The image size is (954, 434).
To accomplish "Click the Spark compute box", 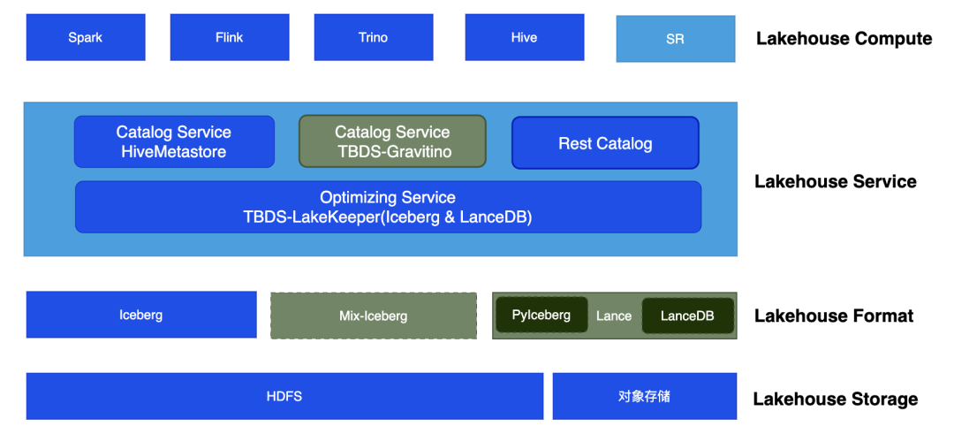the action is [86, 37].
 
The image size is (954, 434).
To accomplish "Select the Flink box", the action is [230, 37].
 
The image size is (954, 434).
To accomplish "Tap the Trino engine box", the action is [374, 37].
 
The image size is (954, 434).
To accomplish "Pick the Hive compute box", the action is [525, 37].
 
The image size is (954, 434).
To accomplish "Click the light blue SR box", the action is [676, 39].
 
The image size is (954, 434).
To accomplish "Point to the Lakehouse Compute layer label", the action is [844, 39].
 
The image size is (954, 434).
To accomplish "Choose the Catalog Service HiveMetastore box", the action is [174, 141].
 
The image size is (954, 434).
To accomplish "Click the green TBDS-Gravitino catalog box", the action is [392, 141].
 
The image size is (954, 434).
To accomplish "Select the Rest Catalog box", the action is [605, 143].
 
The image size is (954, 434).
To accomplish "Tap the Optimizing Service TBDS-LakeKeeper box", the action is [388, 207].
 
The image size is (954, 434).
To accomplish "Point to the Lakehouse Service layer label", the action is [836, 181].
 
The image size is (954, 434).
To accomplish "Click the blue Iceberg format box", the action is [141, 315].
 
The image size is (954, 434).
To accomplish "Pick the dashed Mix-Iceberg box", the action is [374, 316].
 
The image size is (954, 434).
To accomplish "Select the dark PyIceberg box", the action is [541, 315].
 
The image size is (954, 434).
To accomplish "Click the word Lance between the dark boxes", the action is [614, 316].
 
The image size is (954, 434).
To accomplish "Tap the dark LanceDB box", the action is [687, 316].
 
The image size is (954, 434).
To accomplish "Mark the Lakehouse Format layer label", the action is [834, 316].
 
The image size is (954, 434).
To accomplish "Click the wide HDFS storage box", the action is [284, 396].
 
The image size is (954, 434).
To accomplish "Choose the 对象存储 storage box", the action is [644, 396].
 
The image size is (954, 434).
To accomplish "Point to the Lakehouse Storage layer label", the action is [836, 400].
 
